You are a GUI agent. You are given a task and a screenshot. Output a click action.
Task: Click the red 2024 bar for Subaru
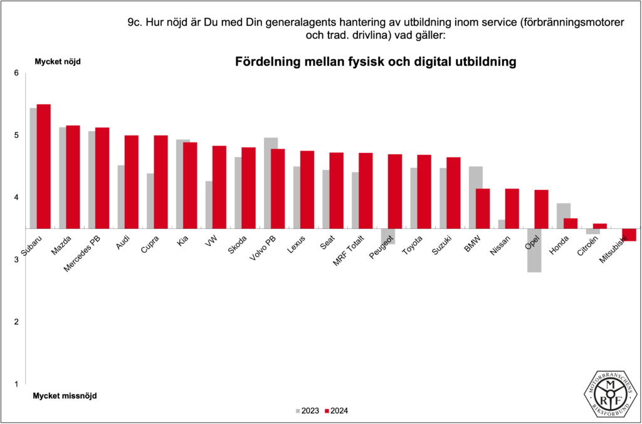click(x=44, y=166)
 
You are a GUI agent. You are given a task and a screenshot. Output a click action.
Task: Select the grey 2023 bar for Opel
click(x=534, y=250)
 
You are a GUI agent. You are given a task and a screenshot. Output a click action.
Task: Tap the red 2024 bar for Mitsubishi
click(x=629, y=235)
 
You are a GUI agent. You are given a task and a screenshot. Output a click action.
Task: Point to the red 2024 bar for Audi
click(x=131, y=182)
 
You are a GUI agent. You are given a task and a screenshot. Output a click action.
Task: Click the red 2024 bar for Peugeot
click(x=394, y=191)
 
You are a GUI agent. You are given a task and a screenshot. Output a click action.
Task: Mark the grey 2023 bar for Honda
click(x=564, y=216)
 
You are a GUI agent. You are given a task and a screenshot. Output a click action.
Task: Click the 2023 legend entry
click(x=307, y=411)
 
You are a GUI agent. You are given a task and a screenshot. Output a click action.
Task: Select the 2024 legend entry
click(x=337, y=411)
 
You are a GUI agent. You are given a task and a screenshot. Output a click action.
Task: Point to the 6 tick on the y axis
click(x=17, y=73)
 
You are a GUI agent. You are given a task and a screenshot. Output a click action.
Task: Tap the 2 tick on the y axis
click(x=17, y=322)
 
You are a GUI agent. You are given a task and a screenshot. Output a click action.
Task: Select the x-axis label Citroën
click(x=596, y=245)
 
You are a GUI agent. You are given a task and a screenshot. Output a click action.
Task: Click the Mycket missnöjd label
click(x=65, y=396)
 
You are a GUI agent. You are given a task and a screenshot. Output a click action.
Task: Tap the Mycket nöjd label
click(x=58, y=61)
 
